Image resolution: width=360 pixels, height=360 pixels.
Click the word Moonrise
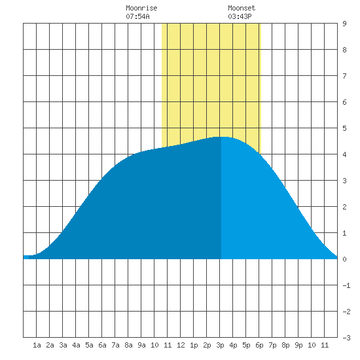(141, 8)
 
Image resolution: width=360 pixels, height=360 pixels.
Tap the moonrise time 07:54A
(137, 16)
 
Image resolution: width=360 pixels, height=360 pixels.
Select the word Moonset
(242, 8)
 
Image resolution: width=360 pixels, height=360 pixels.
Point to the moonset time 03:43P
(240, 16)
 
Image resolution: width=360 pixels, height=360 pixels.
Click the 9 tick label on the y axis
(344, 24)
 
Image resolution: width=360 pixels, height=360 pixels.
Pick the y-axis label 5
(344, 128)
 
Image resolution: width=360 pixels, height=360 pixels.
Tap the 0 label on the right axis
(344, 259)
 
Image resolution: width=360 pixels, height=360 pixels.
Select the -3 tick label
(346, 338)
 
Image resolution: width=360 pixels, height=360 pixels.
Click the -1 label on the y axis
(346, 285)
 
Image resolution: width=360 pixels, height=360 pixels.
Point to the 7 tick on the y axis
(344, 76)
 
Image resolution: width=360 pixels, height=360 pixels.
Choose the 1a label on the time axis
(37, 345)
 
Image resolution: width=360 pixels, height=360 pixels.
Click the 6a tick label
(102, 345)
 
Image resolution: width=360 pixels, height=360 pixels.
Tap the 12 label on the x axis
(181, 345)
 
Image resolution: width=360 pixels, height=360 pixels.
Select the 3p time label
(220, 345)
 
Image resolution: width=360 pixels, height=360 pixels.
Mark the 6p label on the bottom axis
(259, 345)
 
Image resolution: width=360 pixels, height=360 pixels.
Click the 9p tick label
(298, 345)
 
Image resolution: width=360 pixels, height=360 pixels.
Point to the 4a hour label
(76, 345)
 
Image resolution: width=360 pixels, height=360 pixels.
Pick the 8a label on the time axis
(128, 345)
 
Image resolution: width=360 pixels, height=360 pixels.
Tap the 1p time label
(194, 345)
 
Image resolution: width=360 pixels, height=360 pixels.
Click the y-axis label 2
(344, 207)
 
